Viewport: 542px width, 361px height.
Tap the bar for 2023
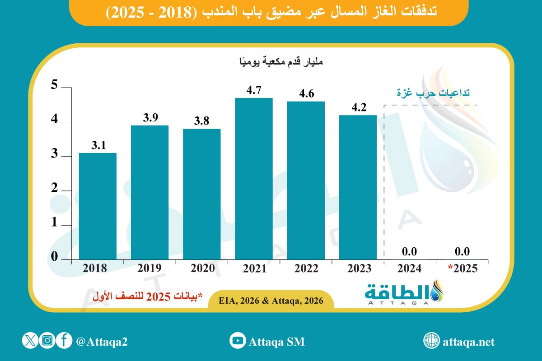click(358, 187)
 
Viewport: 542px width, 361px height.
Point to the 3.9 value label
click(150, 118)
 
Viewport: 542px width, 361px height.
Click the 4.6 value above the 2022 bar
click(306, 94)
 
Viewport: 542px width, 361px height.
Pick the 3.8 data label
click(201, 121)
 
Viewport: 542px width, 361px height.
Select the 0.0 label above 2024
click(410, 251)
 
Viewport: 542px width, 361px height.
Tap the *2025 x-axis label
click(462, 268)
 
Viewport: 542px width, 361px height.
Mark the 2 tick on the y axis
click(54, 190)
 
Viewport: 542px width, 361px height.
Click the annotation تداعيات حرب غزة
click(433, 93)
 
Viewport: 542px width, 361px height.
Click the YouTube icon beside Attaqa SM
click(237, 341)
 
